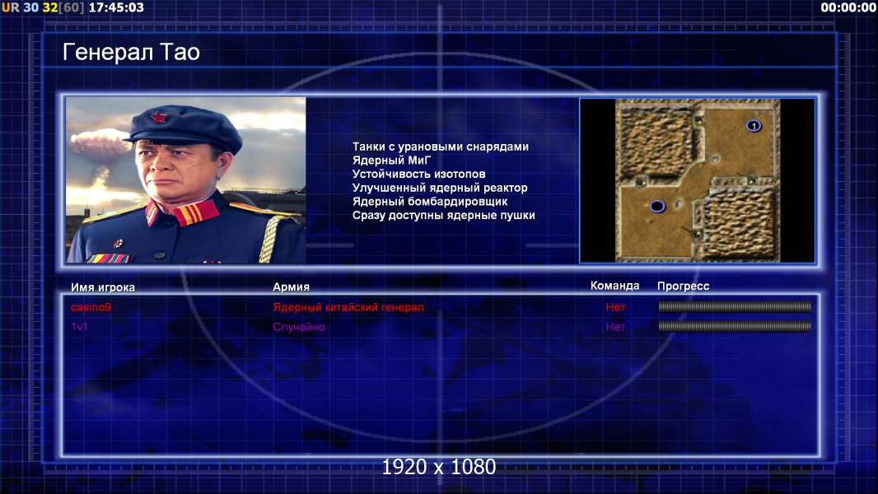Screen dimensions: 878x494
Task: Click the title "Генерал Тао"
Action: click(131, 52)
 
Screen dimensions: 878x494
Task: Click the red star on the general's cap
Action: click(159, 118)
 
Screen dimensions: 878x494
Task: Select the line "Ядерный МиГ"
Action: click(391, 160)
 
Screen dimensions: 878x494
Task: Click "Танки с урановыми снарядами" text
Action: click(441, 147)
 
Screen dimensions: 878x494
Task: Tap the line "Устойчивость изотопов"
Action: click(419, 174)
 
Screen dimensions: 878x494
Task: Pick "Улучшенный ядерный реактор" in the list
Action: click(440, 188)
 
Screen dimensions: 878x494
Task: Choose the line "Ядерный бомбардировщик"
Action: click(430, 202)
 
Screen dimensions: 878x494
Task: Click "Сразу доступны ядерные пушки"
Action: click(443, 216)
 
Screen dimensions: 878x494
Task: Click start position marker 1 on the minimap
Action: click(754, 126)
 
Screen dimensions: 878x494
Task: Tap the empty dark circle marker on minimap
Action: click(657, 207)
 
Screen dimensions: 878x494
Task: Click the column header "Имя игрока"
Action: click(102, 287)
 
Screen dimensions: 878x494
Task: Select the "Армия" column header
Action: click(292, 287)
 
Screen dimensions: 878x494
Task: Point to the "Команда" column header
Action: click(614, 286)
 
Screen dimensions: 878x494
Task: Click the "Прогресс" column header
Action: click(683, 287)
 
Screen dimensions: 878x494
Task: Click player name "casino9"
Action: click(91, 307)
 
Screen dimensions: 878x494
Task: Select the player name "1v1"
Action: click(79, 327)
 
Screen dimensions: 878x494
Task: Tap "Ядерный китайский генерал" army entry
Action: click(348, 307)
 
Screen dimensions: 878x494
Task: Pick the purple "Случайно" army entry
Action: click(298, 327)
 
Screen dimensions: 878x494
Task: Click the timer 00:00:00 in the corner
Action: click(848, 7)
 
